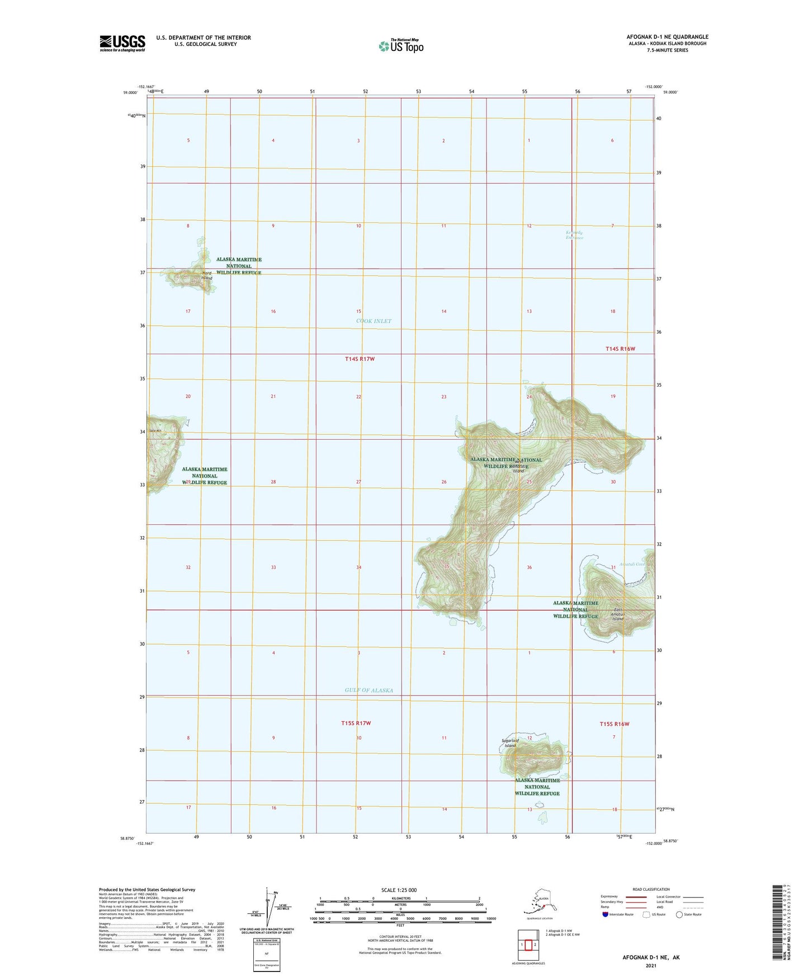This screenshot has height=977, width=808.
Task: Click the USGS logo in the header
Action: pos(122,43)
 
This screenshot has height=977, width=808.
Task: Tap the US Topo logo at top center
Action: pos(400,46)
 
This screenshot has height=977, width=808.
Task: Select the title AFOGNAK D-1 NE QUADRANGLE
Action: pos(667,37)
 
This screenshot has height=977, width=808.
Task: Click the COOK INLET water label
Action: pos(374,321)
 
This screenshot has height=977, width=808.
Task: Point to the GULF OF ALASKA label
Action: pos(368,690)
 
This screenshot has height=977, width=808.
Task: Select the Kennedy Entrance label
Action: pos(574,235)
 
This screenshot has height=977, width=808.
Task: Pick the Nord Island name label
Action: pos(206,275)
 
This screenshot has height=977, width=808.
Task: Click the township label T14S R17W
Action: pos(360,359)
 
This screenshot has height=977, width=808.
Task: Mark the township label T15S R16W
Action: pos(615,724)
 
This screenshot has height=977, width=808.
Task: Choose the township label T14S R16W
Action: pos(620,349)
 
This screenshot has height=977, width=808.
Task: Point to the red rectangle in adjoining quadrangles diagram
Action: pos(528,945)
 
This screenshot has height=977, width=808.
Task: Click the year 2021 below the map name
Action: pos(650,965)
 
